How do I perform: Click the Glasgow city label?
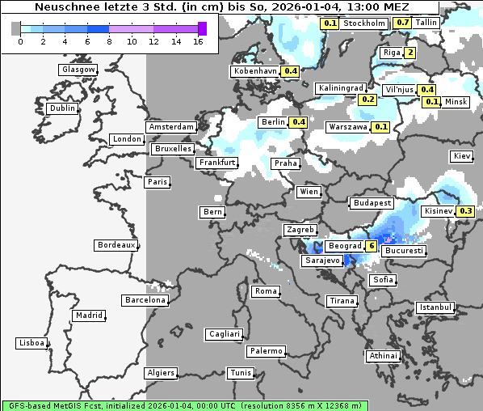[x=78, y=70]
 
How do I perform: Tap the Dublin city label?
[x=62, y=108]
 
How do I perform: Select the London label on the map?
[x=127, y=139]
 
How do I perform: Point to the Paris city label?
[x=157, y=182]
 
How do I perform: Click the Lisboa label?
[x=31, y=343]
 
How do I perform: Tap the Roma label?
[x=266, y=291]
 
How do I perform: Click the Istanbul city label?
[x=435, y=307]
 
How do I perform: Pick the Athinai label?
[x=383, y=356]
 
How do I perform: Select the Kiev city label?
[x=462, y=156]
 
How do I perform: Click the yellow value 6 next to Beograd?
[x=372, y=246]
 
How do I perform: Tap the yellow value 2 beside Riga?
[x=410, y=53]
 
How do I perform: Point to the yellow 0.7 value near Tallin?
[x=403, y=23]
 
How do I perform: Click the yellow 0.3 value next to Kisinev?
[x=465, y=211]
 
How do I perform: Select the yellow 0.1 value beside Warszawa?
[x=381, y=127]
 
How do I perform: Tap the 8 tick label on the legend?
[x=110, y=41]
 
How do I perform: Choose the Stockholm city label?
[x=363, y=23]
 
